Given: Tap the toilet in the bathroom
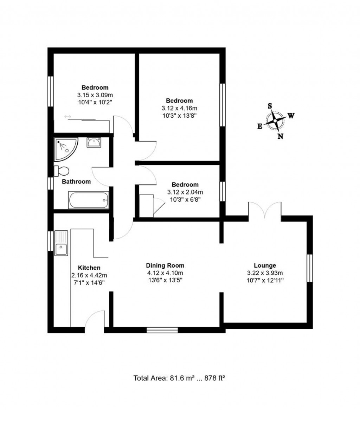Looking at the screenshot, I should tap(62, 171).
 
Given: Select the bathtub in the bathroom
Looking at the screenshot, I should tap(88, 200).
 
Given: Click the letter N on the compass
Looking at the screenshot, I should tap(280, 137).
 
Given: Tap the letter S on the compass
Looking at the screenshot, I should tap(270, 106).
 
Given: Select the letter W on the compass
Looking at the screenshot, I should tap(291, 116).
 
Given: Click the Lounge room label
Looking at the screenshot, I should tap(265, 266).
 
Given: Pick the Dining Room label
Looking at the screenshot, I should tap(165, 266).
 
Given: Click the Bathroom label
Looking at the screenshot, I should tap(76, 182).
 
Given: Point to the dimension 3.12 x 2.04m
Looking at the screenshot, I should tap(185, 192).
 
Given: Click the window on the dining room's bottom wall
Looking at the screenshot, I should tap(162, 330).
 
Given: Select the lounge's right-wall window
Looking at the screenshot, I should tap(310, 268).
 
